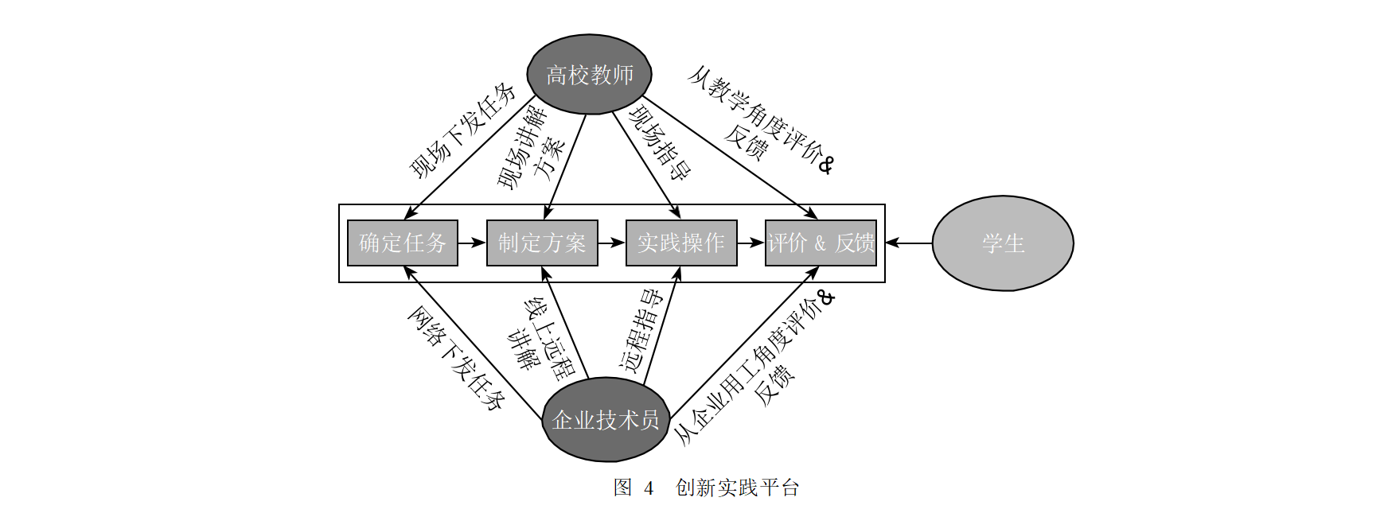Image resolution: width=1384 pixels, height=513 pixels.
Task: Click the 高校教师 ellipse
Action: (x=589, y=74)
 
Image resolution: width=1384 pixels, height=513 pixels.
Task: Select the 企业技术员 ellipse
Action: (x=606, y=419)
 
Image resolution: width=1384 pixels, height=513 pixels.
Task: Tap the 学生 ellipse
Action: (x=1003, y=243)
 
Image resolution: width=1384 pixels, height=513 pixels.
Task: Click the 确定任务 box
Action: (x=403, y=243)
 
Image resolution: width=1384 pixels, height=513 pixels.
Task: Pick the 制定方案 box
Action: (x=542, y=243)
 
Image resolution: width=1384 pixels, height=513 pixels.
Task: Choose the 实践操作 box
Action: (x=681, y=243)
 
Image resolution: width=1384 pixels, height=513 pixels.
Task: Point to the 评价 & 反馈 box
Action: (x=821, y=243)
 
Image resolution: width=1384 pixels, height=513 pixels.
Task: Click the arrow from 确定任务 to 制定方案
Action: (x=473, y=243)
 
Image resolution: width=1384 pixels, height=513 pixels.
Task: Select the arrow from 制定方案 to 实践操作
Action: (x=612, y=243)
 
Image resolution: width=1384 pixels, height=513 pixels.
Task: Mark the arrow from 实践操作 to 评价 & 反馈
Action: (x=751, y=243)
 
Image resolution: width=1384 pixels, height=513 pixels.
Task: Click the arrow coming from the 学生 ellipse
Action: (x=908, y=243)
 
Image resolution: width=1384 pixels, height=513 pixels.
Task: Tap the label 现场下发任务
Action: (x=462, y=130)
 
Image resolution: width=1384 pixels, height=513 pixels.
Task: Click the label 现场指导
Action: (x=660, y=143)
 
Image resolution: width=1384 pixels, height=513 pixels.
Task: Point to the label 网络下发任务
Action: (x=456, y=358)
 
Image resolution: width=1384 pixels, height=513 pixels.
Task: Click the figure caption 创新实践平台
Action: (x=737, y=488)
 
